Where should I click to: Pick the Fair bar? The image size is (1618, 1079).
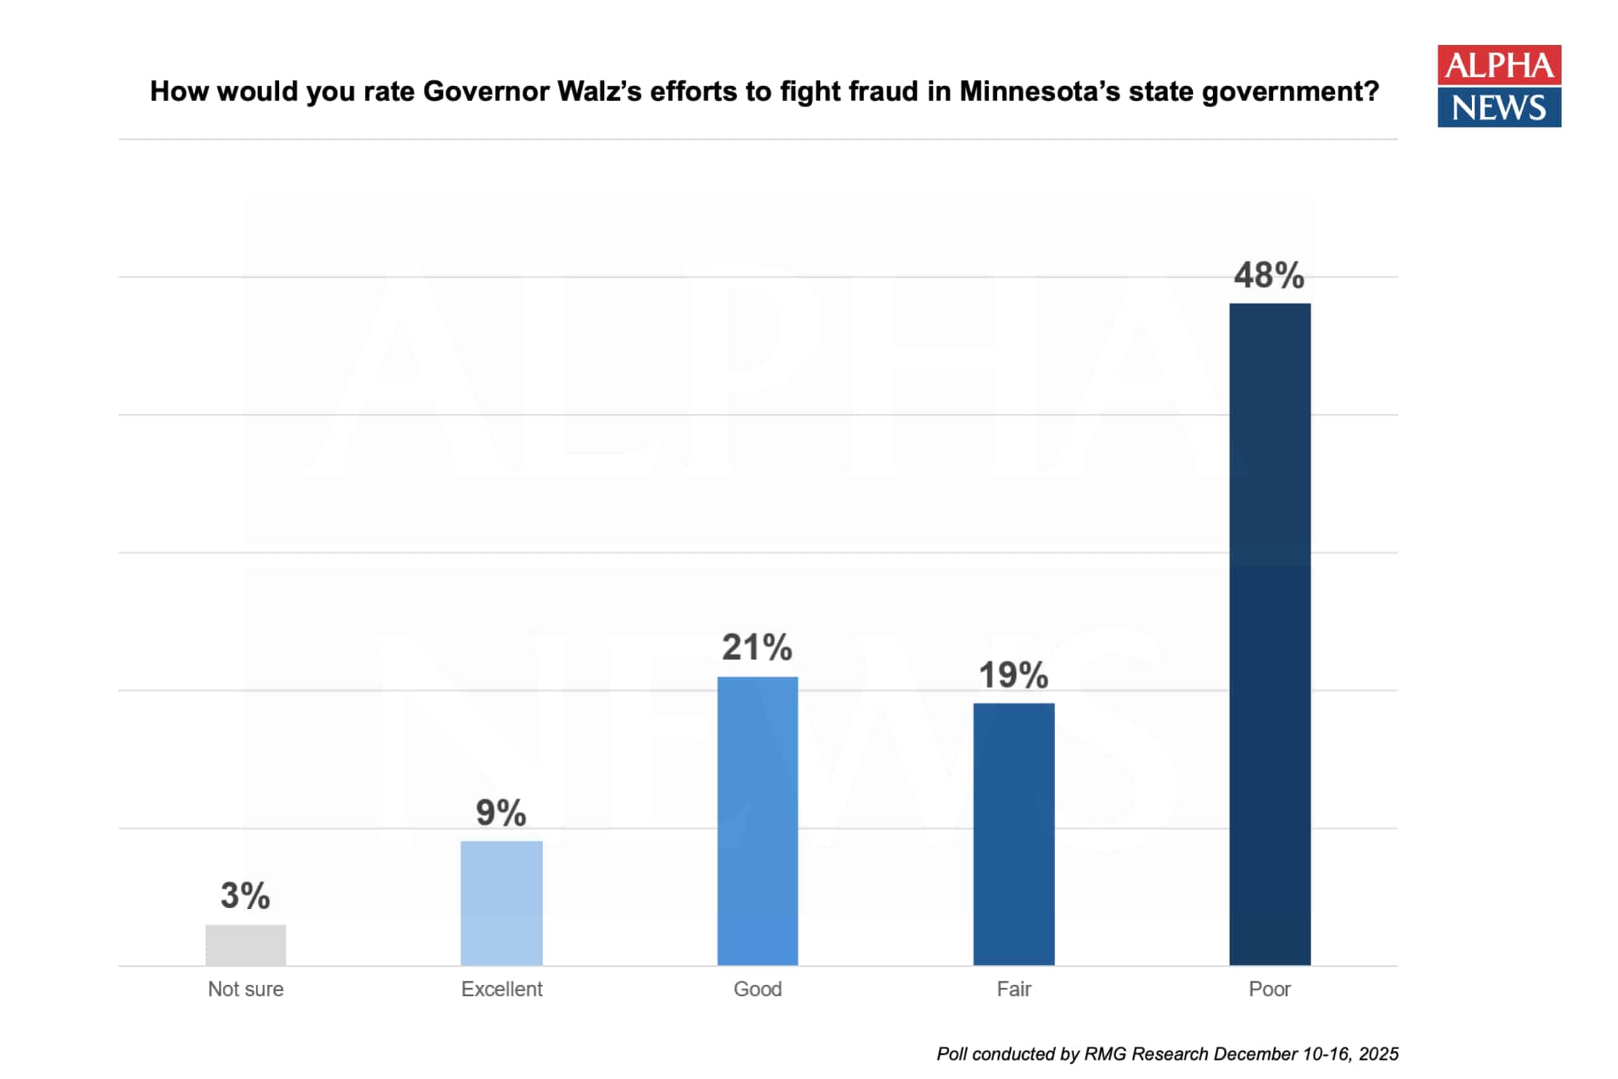point(1013,834)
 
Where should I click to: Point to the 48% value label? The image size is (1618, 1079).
point(1268,276)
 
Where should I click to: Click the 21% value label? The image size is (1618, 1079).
point(757,647)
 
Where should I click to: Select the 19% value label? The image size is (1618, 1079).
point(1013,675)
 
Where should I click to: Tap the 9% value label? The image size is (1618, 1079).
point(501,814)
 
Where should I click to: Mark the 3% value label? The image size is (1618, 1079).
point(245,896)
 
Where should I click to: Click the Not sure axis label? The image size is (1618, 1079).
point(246,989)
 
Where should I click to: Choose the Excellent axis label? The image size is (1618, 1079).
point(501,989)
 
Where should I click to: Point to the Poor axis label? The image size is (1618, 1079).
point(1269,989)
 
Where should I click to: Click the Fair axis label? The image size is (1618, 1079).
point(1013,989)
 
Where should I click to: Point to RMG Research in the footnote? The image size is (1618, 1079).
point(1146,1054)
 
